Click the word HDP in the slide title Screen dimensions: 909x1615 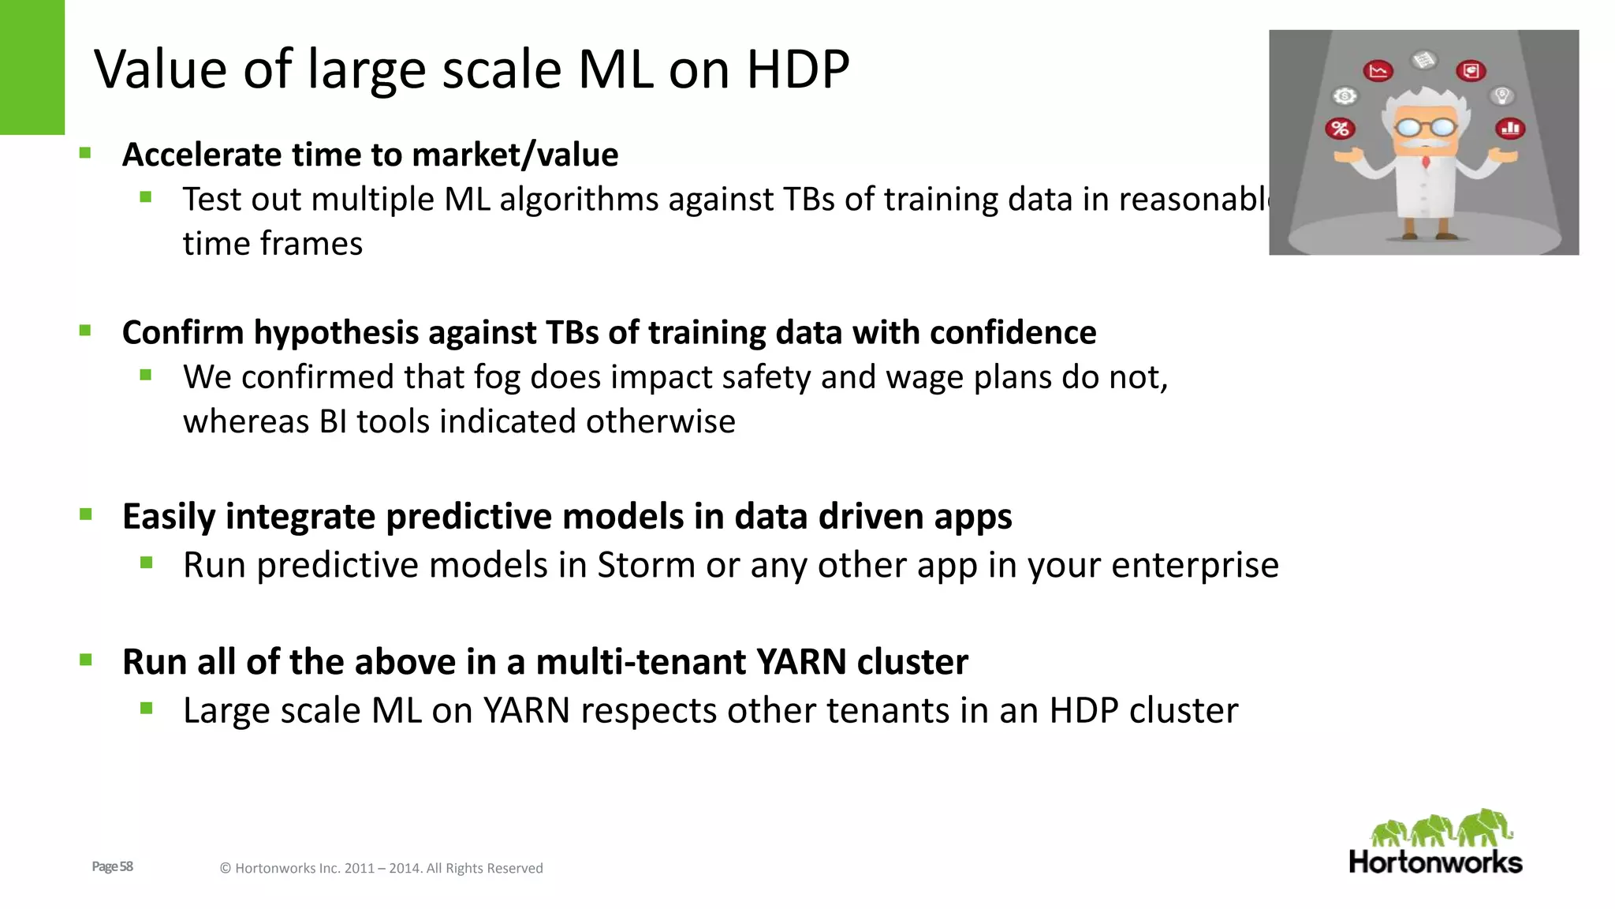pos(797,69)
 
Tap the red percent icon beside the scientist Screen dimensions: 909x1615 pos(1340,129)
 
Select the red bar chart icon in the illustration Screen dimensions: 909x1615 pos(1510,128)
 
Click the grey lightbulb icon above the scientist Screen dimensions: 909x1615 pos(1502,96)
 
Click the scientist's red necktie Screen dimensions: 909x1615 pos(1426,162)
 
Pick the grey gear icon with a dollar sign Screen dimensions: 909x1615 pos(1345,96)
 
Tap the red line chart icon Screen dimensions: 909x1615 pos(1378,71)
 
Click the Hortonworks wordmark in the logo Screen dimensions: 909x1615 pos(1435,862)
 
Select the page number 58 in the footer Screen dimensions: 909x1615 pos(126,866)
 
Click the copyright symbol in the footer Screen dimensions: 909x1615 pos(225,869)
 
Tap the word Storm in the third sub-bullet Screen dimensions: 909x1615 pos(645,565)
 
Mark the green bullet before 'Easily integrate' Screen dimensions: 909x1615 pos(86,515)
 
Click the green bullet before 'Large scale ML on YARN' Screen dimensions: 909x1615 pos(146,709)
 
